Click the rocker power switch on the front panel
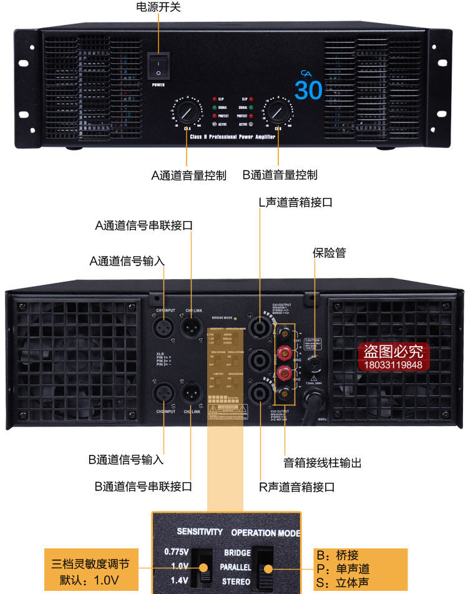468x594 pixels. click(158, 64)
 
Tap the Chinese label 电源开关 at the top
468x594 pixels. click(158, 7)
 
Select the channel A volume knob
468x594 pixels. click(185, 113)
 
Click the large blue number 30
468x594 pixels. click(309, 91)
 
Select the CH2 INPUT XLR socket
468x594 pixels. click(164, 394)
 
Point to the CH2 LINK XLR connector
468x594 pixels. click(192, 394)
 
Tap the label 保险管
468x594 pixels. click(329, 253)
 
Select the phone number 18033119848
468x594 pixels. click(393, 365)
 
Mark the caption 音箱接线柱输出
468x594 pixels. click(323, 463)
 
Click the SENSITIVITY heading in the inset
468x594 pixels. click(200, 532)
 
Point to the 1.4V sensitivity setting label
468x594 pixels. click(176, 581)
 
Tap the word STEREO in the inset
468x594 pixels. click(237, 582)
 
